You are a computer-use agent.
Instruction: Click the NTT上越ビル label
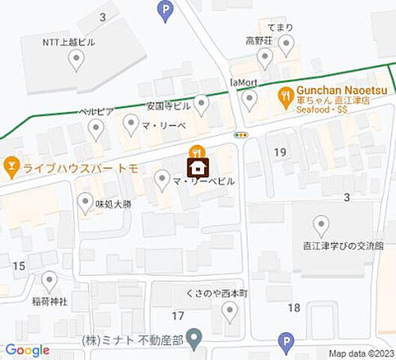click(68, 43)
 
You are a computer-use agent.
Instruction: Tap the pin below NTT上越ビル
click(76, 61)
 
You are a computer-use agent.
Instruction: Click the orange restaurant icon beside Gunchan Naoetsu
click(285, 95)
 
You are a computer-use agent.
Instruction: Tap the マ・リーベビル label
click(203, 181)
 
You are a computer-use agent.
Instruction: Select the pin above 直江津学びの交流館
click(322, 225)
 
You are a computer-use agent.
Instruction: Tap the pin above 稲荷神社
click(49, 282)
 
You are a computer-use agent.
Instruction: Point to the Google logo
click(27, 350)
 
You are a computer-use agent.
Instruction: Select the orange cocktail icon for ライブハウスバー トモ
click(10, 164)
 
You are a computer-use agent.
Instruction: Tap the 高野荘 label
click(259, 40)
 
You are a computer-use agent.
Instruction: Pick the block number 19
click(280, 152)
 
